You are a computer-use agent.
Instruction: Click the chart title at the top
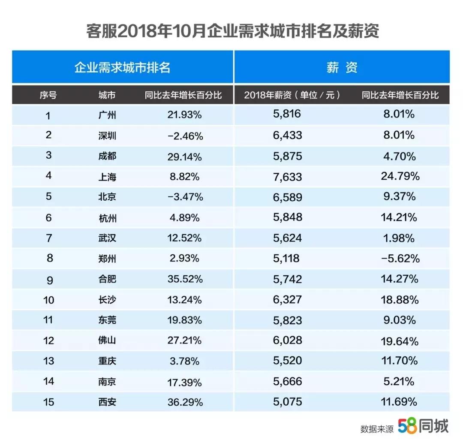[x=232, y=32]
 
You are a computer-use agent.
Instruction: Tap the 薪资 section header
[x=342, y=67]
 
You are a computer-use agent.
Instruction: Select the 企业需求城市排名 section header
[x=123, y=67]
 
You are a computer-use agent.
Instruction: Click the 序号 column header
[x=48, y=95]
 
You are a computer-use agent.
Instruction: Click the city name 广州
[x=107, y=115]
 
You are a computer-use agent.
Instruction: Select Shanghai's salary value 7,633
[x=287, y=176]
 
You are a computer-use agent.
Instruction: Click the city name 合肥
[x=107, y=279]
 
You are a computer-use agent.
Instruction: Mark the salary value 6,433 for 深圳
[x=287, y=135]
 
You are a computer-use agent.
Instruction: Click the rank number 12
[x=48, y=341]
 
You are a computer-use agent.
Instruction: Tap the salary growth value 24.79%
[x=399, y=176]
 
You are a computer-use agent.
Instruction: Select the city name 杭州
[x=107, y=218]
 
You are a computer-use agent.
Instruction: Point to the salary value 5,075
[x=287, y=402]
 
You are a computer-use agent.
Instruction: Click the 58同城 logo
[x=423, y=426]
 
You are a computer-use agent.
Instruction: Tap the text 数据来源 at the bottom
[x=377, y=428]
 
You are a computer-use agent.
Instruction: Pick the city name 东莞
[x=107, y=320]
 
